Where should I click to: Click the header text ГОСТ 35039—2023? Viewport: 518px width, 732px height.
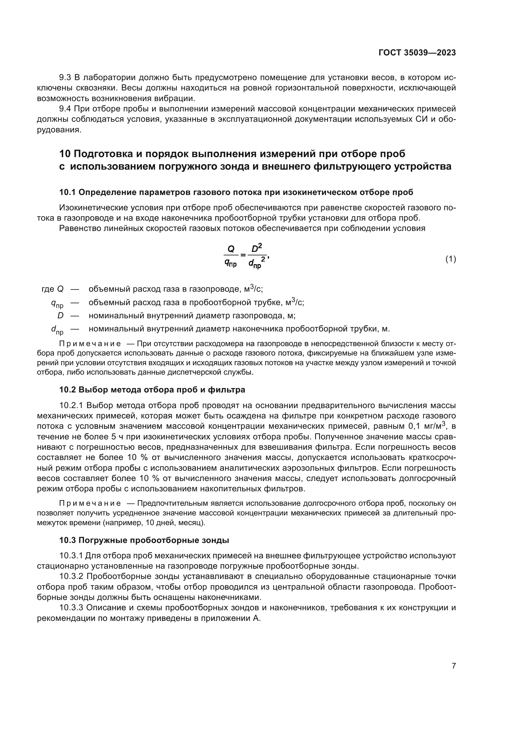417,53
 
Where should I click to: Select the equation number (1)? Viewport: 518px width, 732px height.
450,259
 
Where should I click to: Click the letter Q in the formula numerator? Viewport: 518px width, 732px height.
231,249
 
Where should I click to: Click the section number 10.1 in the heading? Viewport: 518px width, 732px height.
68,192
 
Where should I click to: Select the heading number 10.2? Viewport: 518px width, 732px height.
68,390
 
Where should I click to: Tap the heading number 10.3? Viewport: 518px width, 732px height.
68,540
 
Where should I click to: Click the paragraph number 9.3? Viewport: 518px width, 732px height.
65,78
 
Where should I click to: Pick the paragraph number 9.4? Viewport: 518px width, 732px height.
65,109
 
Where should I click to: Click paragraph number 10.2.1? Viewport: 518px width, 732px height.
71,406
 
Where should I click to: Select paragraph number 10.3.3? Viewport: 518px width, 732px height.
71,608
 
